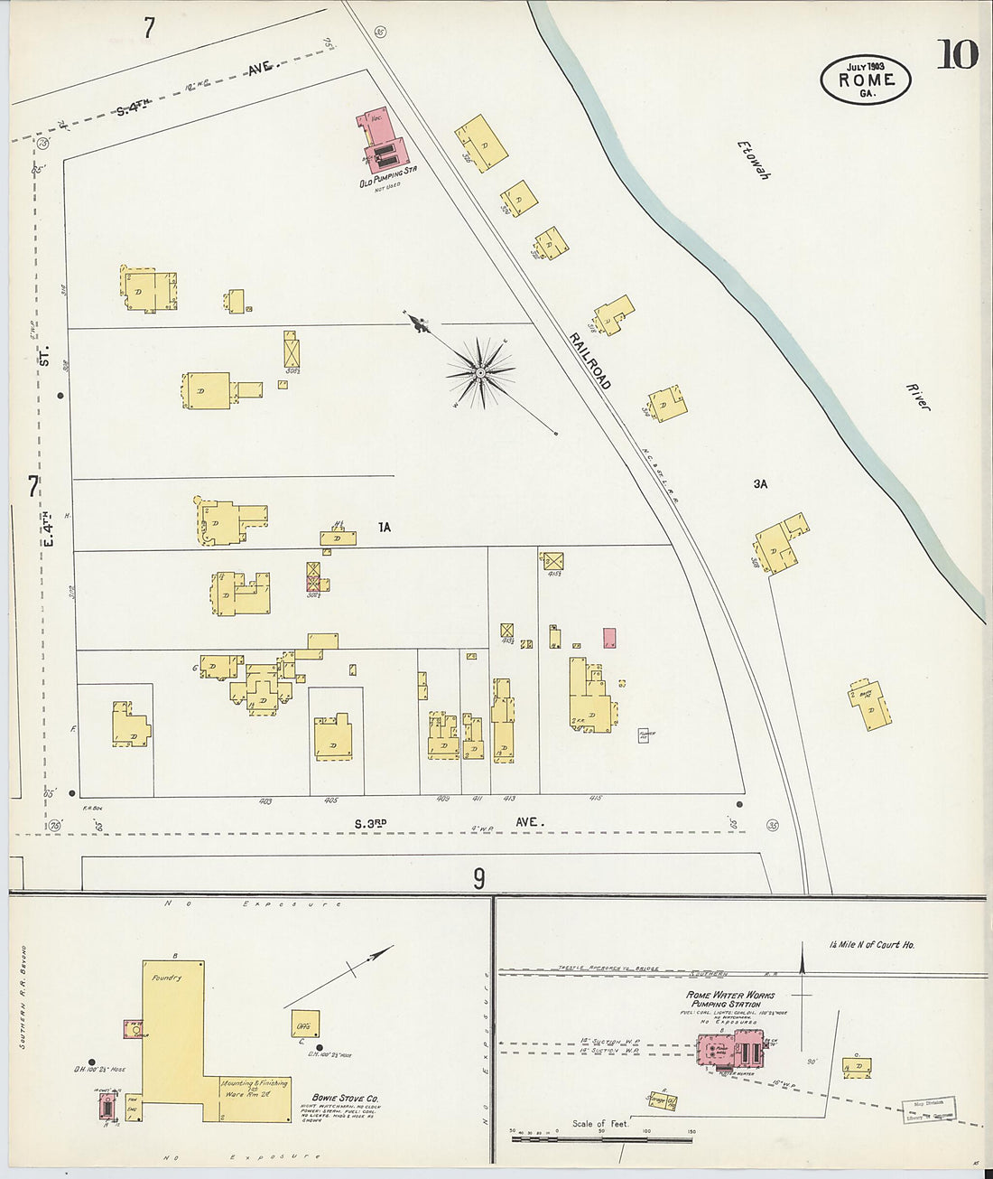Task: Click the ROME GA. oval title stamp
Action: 865,80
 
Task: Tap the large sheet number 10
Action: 956,55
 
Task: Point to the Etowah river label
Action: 753,161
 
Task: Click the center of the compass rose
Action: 481,371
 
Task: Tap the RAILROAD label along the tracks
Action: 589,360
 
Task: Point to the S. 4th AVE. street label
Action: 194,89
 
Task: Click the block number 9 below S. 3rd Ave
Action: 478,877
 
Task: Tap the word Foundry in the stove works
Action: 167,977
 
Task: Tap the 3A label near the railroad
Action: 760,484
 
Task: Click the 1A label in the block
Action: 385,527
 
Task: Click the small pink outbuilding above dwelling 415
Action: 609,638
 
